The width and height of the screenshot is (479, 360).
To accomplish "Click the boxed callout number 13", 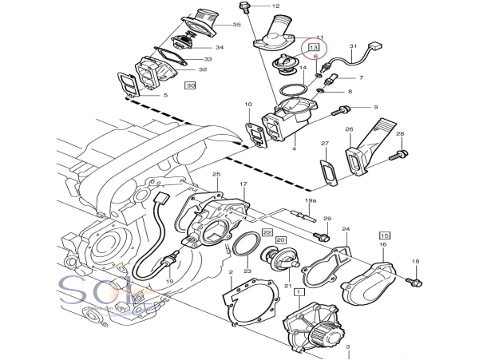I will click(314, 48).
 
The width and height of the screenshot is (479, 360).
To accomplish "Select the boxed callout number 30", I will click(189, 84).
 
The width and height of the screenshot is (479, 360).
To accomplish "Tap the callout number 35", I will click(236, 26).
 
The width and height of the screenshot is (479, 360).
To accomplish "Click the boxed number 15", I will click(384, 236).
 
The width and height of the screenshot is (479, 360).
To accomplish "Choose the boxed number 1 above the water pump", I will click(299, 293).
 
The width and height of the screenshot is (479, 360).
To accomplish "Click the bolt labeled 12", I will click(243, 8).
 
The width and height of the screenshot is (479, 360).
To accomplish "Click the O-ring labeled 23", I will click(247, 245).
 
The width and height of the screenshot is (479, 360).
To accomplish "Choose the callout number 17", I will click(243, 184).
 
